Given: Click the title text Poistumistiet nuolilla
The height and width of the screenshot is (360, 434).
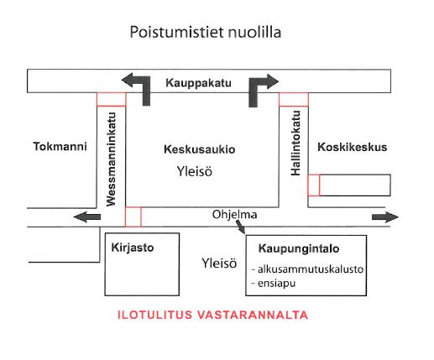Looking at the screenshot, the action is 206,32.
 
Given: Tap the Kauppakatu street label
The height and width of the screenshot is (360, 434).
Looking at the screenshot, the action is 198,83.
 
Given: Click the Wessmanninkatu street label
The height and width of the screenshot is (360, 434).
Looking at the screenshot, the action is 112,159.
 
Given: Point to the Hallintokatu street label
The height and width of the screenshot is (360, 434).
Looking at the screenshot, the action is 295,143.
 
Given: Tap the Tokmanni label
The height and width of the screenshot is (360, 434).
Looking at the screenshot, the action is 60,147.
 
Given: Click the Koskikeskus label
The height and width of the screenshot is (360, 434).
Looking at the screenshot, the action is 352,147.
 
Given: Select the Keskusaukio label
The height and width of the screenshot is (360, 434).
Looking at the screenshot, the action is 200,149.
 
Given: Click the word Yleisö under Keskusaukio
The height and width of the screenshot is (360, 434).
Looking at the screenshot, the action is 195,171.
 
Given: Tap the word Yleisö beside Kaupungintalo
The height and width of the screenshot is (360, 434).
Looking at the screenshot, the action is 219,263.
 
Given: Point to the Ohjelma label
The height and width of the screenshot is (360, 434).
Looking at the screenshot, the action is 234,215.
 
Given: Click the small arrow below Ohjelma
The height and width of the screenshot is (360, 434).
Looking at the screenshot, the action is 241,227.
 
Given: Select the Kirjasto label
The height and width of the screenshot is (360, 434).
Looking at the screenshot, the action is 133,248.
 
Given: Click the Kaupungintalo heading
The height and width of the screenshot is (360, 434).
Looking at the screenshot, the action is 299,248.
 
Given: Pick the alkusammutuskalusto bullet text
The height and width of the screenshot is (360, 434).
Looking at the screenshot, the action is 307,269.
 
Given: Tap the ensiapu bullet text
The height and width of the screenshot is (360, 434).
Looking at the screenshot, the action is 274,284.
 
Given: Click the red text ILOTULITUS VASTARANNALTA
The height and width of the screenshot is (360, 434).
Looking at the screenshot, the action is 213,315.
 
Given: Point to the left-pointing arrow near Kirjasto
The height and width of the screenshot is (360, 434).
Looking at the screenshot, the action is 86,217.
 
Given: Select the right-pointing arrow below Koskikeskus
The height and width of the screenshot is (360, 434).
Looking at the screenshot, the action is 385,217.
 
